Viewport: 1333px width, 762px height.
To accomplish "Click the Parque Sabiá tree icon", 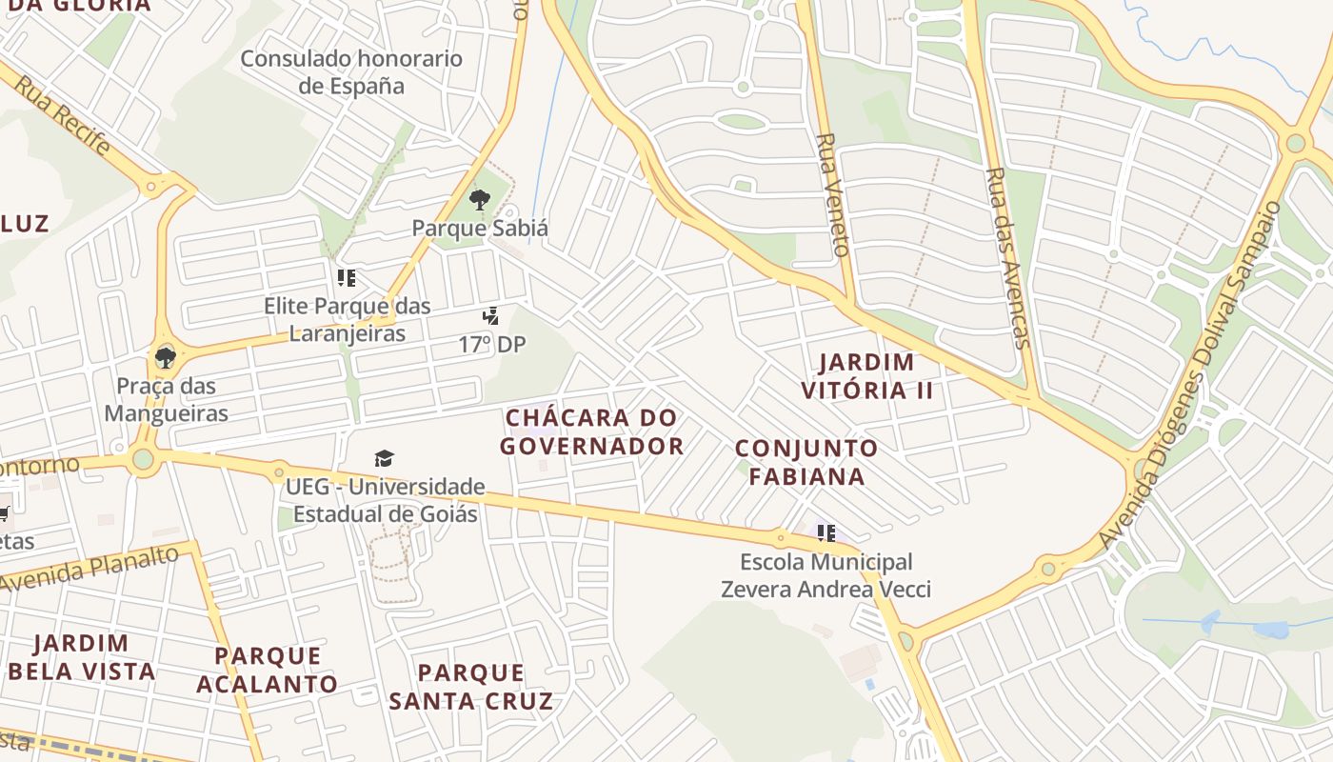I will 480,200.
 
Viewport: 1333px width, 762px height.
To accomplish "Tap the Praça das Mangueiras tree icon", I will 166,358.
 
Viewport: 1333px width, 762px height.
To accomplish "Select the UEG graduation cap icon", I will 385,459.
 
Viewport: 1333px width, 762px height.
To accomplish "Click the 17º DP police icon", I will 491,316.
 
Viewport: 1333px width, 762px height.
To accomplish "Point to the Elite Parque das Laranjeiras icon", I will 347,278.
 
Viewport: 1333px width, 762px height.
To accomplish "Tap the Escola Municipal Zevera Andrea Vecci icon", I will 826,533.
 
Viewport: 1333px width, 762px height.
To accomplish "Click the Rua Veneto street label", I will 830,194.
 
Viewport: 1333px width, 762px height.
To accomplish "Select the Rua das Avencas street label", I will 1008,257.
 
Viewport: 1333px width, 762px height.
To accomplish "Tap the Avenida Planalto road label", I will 91,568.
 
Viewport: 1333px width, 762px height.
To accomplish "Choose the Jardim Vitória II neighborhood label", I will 866,376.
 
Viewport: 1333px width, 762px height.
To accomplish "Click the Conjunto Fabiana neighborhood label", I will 806,462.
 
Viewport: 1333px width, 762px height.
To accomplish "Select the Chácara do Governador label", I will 591,431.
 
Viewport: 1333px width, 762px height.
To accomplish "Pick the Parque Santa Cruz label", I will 470,687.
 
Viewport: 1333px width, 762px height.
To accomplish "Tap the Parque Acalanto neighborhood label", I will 268,670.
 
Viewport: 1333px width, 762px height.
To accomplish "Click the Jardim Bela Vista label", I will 81,657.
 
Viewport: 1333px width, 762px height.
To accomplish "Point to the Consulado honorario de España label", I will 351,72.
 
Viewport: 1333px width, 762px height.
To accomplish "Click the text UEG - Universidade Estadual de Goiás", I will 386,501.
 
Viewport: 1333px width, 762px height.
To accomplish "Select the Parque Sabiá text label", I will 480,229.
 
